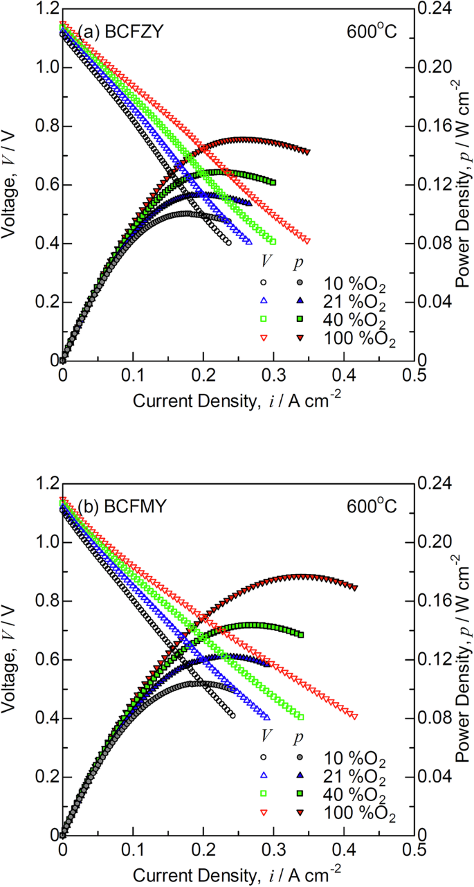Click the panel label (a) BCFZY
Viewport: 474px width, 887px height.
(119, 31)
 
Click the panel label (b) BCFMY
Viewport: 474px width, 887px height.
(120, 505)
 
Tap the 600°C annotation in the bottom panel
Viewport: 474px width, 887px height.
(372, 506)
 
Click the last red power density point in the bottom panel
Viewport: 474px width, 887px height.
(355, 587)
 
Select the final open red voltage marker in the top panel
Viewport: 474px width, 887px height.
(307, 241)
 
